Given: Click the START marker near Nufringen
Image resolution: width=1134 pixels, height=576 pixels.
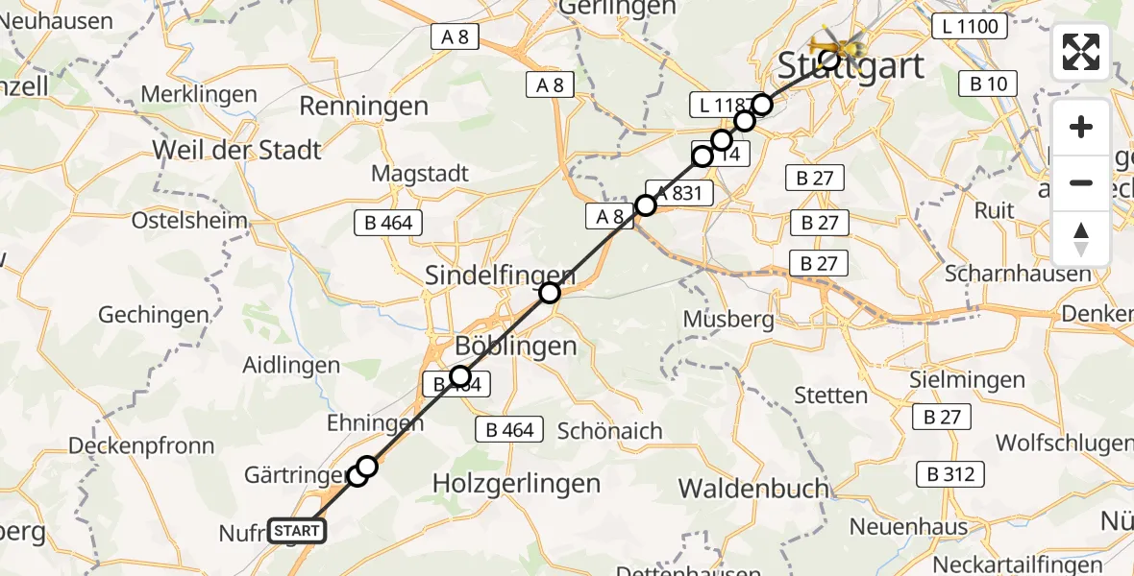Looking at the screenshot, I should [297, 531].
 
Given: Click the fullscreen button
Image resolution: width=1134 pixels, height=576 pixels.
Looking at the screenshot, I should [1081, 52].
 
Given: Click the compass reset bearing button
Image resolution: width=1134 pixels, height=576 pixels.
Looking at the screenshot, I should [1081, 239].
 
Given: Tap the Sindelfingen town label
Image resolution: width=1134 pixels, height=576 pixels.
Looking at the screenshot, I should [500, 275].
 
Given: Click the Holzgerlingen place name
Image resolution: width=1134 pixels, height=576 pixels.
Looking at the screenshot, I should [517, 484].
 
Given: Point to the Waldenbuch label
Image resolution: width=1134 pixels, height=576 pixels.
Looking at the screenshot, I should [753, 488].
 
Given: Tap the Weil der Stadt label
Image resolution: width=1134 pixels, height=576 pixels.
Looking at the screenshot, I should [236, 151].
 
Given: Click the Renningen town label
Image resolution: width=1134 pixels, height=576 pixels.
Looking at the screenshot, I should [363, 106].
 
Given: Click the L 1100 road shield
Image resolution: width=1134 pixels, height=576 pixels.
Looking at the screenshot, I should [969, 27].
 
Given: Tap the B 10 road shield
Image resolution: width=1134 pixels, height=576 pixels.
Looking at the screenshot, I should [988, 84].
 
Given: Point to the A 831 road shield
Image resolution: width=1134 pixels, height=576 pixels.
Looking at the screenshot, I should [679, 193].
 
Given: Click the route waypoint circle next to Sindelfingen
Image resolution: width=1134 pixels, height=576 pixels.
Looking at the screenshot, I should [549, 293].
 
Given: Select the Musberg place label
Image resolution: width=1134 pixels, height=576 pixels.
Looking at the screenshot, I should [728, 319].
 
